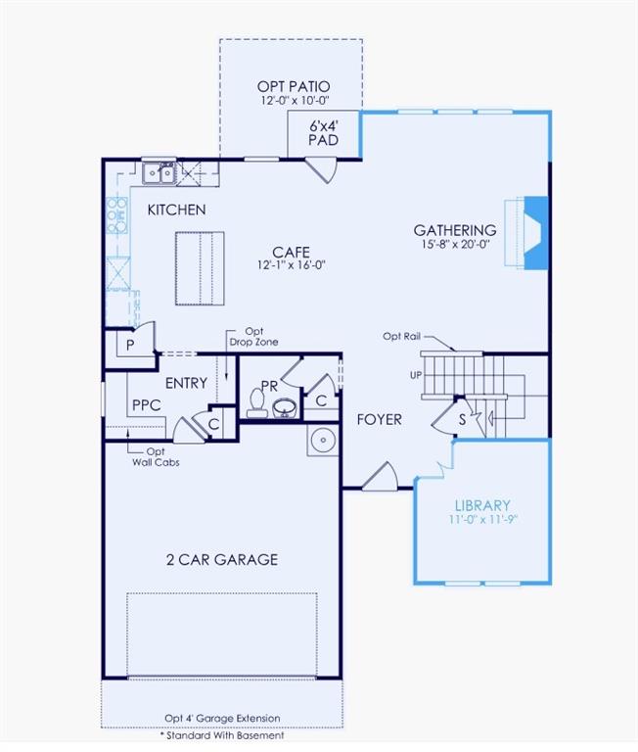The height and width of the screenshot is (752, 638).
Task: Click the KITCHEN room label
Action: coord(176,210)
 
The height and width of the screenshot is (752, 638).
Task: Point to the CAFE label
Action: coord(291,252)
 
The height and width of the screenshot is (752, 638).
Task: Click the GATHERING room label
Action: coord(454,230)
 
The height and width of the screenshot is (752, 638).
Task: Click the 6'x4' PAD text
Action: coord(323,133)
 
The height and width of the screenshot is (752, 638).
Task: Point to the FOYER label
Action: coord(379,419)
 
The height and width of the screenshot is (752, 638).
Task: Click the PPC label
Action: coord(146,404)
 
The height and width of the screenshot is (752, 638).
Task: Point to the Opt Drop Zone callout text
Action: coord(253,337)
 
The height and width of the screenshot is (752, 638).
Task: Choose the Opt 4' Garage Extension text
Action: coord(222,718)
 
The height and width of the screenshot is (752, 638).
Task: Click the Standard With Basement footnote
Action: coord(222,734)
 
